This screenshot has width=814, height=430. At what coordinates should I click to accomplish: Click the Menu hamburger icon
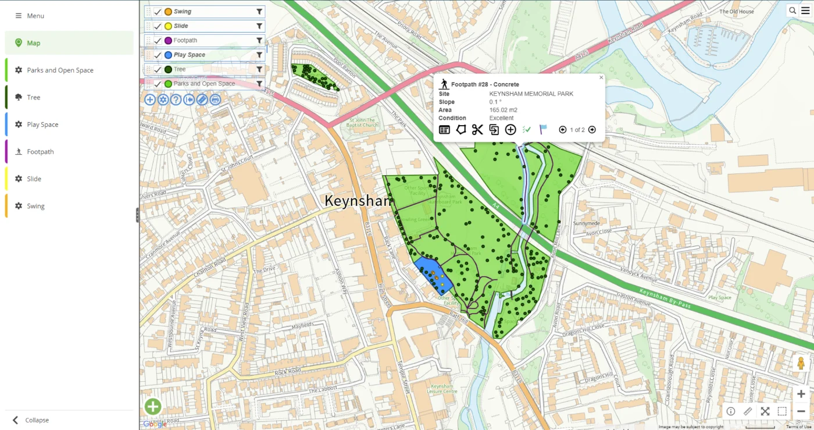(19, 16)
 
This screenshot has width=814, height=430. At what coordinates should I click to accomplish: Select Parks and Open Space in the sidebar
(59, 70)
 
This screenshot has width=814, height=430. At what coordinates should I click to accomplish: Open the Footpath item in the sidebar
(40, 152)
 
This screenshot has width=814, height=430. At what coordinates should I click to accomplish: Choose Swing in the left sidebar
(35, 206)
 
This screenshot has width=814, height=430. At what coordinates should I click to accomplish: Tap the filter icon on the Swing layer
(259, 12)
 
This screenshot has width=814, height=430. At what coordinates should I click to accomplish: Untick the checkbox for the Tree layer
(158, 69)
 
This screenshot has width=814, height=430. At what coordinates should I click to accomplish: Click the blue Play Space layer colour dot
(168, 55)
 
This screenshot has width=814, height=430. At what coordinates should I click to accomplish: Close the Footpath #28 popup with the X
(601, 77)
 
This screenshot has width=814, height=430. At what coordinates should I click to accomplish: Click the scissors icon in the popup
(477, 130)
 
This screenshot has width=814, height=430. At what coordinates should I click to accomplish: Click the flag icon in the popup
(543, 130)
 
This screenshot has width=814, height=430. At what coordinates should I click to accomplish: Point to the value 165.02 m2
(503, 110)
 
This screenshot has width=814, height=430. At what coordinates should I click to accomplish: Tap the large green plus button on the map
(153, 407)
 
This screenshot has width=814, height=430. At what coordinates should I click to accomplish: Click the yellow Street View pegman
(801, 363)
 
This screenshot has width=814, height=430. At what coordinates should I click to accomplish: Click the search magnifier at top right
(792, 10)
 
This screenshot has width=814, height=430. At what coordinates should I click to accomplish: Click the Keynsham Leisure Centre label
(442, 389)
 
